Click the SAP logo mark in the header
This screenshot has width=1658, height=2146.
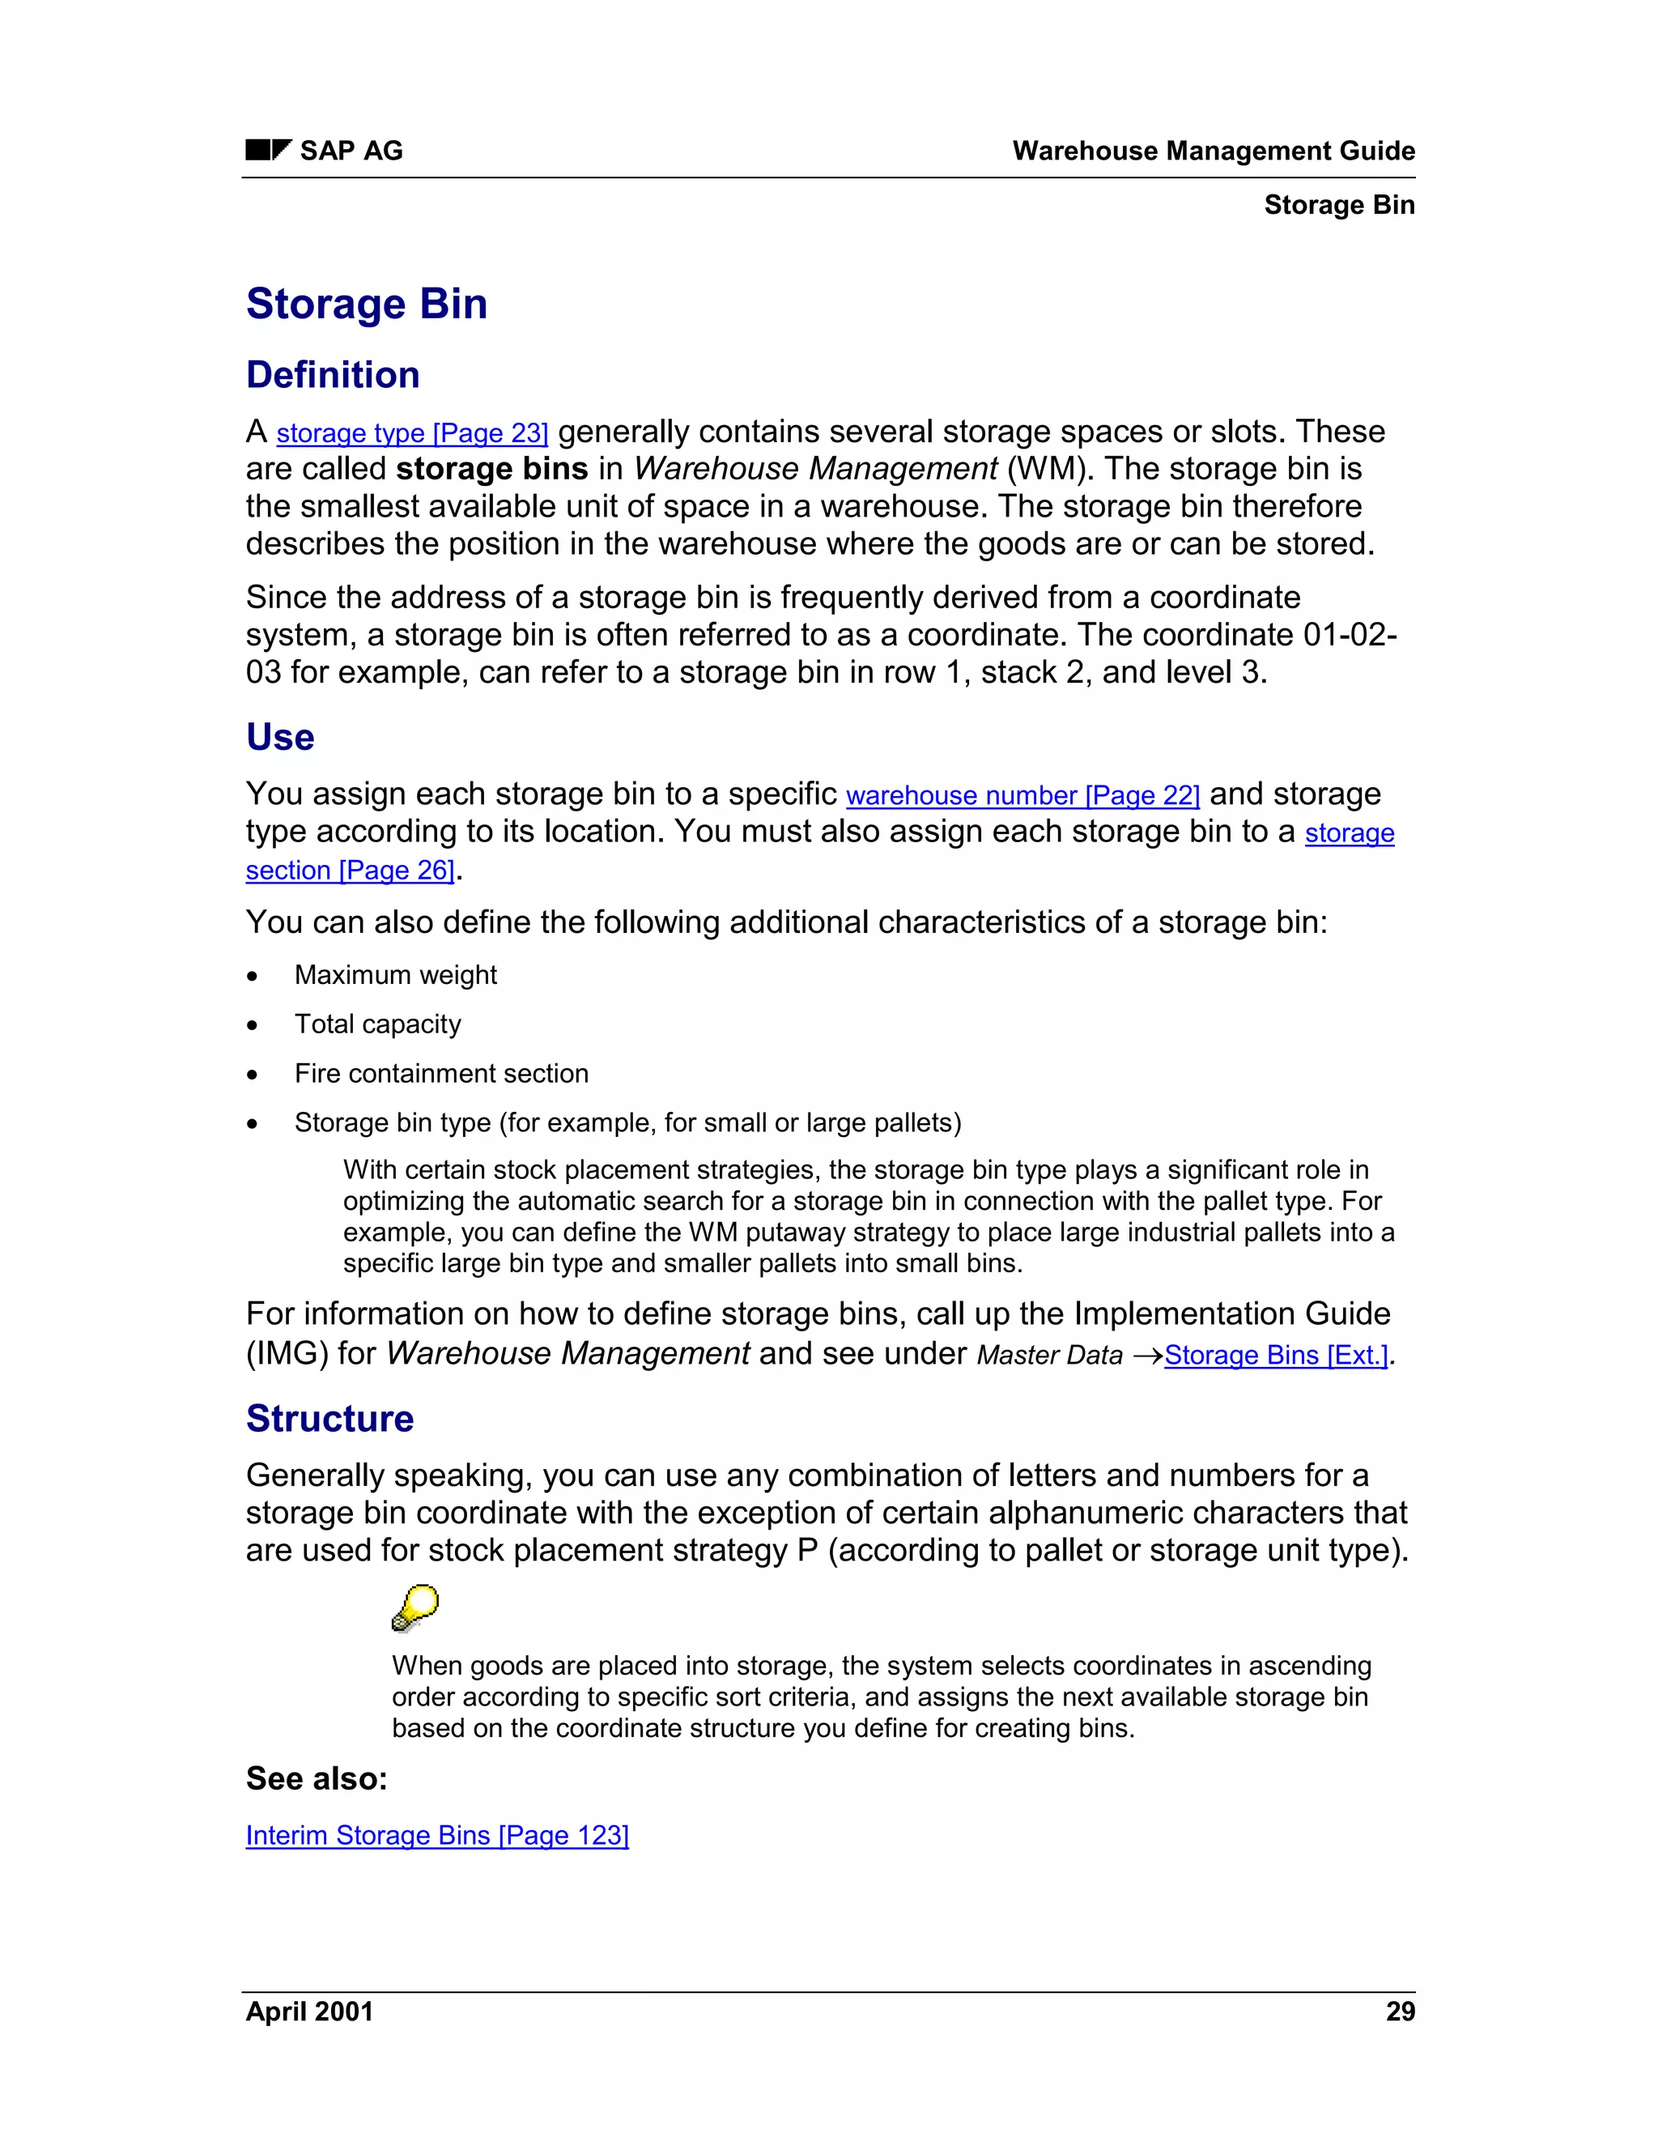pos(268,151)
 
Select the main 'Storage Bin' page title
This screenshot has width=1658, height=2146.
pos(367,304)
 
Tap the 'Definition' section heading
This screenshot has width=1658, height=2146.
pos(333,376)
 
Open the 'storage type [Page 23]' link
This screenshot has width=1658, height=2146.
pos(411,433)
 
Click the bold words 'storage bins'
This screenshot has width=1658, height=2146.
pos(491,470)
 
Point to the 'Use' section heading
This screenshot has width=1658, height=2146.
pos(280,737)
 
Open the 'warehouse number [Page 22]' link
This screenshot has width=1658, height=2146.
pos(1022,795)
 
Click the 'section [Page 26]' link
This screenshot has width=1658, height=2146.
pos(350,871)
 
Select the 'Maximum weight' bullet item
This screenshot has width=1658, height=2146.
pos(396,975)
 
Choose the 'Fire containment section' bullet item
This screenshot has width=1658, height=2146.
pos(441,1073)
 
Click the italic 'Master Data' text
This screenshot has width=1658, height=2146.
pos(1049,1355)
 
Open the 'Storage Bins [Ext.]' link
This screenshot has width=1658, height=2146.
pos(1276,1355)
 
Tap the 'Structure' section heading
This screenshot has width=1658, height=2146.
pos(330,1419)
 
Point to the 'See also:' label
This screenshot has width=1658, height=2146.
pos(317,1778)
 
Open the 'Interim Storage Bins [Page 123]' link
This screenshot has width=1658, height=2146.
pos(437,1836)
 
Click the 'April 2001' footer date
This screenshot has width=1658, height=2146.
pos(309,2012)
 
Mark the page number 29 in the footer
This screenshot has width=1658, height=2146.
pos(1400,2012)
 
